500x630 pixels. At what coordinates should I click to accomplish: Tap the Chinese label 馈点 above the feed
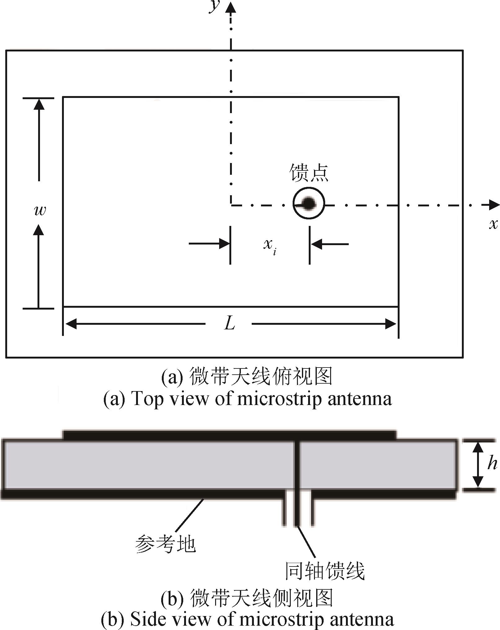pyautogui.click(x=309, y=173)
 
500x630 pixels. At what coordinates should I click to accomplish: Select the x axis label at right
pyautogui.click(x=493, y=224)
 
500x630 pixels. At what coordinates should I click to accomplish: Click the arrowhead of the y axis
pyautogui.click(x=231, y=7)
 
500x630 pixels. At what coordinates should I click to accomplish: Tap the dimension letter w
pyautogui.click(x=40, y=211)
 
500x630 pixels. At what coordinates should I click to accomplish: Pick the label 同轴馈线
pyautogui.click(x=324, y=571)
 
